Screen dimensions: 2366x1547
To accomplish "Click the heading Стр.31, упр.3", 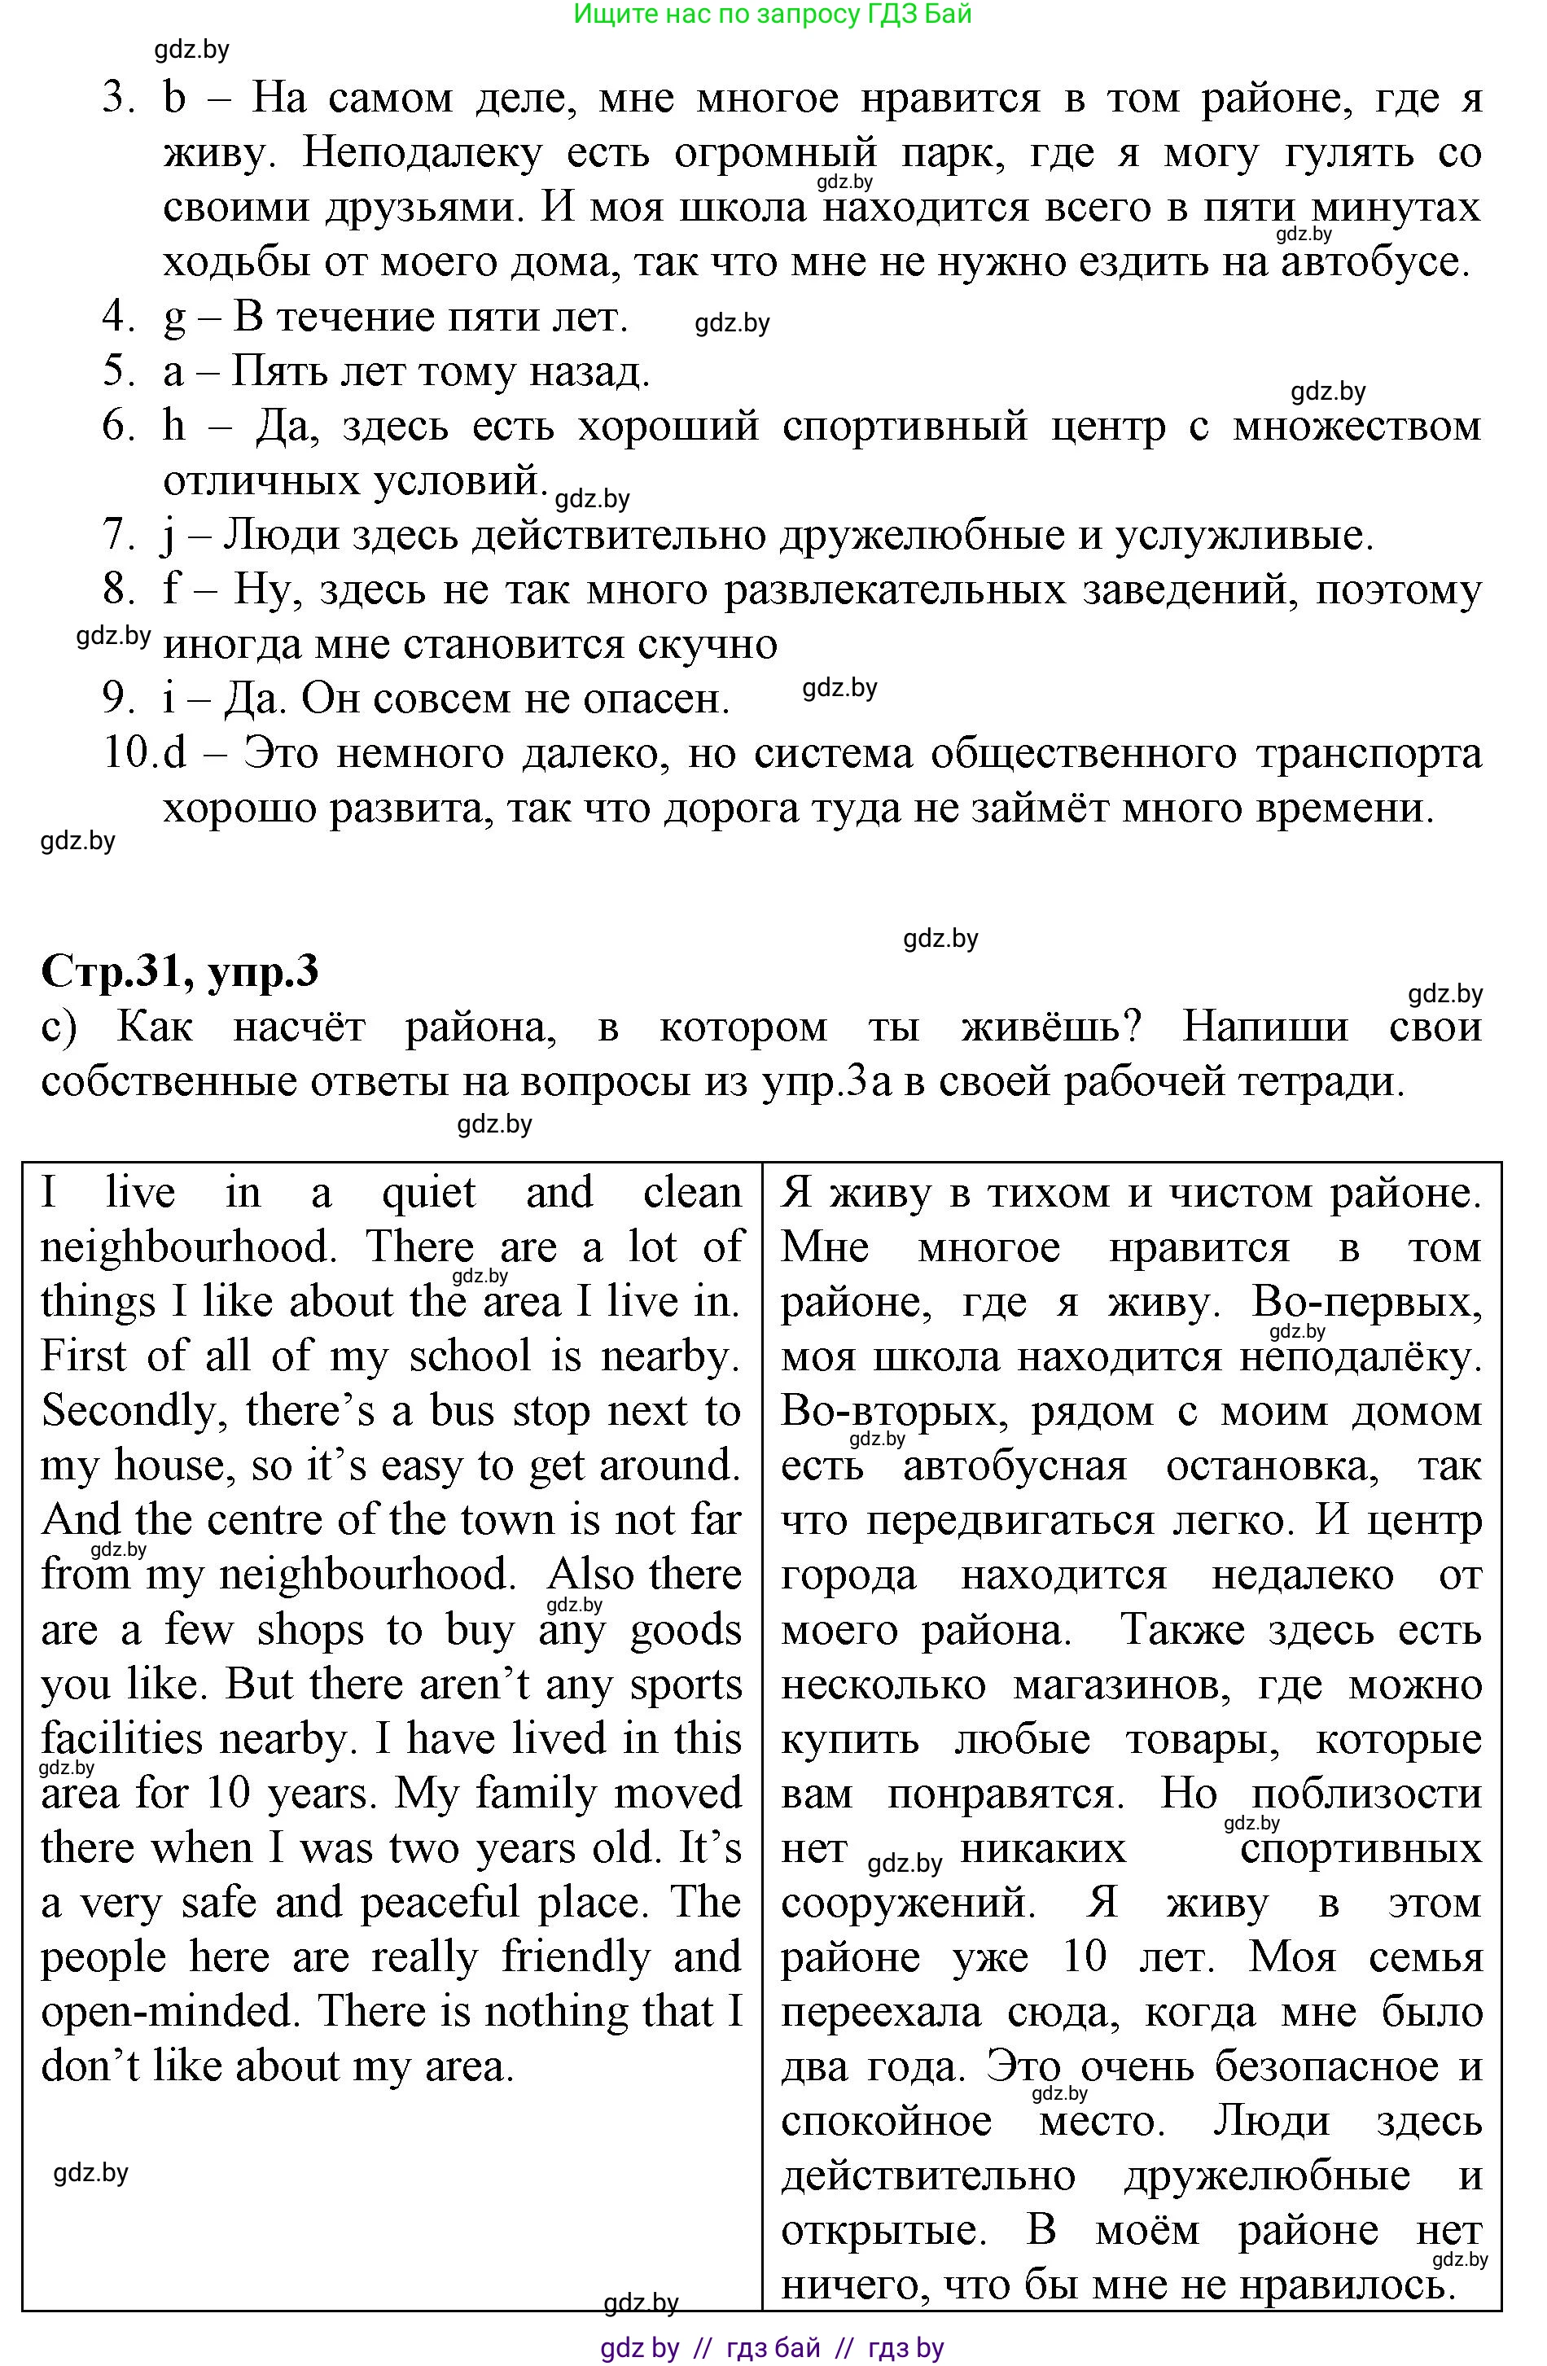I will point(180,971).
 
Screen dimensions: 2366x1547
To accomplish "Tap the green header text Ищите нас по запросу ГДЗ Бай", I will point(773,14).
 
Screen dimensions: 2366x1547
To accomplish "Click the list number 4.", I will point(117,318).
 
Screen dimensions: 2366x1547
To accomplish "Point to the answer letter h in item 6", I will point(174,427).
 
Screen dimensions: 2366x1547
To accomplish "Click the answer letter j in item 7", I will point(168,536).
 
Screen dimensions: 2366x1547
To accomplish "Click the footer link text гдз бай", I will point(773,2348).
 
